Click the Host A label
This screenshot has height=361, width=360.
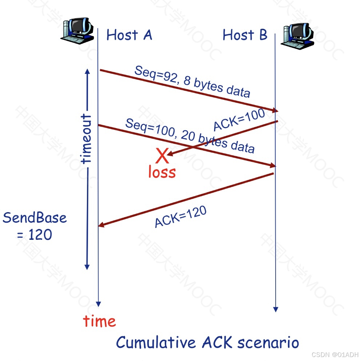[129, 35]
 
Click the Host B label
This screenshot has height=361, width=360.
[245, 35]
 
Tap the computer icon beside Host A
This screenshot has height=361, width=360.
[77, 29]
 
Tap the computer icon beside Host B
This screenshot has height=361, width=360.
[297, 35]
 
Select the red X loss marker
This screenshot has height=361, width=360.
[162, 156]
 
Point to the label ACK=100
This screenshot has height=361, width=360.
[239, 120]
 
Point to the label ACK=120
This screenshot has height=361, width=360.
[180, 217]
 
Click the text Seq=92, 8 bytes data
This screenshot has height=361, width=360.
[192, 82]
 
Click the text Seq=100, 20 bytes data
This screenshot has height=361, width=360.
[190, 135]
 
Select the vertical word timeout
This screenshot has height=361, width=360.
[87, 138]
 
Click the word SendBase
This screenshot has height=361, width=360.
[35, 218]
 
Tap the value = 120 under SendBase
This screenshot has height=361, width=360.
[35, 235]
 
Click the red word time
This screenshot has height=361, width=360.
[99, 321]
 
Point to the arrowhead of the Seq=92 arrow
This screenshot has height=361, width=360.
[275, 110]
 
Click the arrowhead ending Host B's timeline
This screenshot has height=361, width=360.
[276, 309]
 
